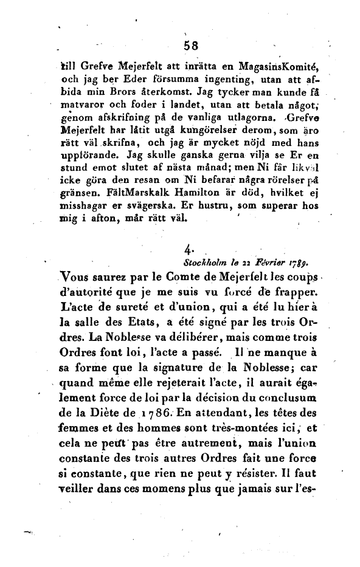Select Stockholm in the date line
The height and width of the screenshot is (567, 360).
[x=206, y=262]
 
